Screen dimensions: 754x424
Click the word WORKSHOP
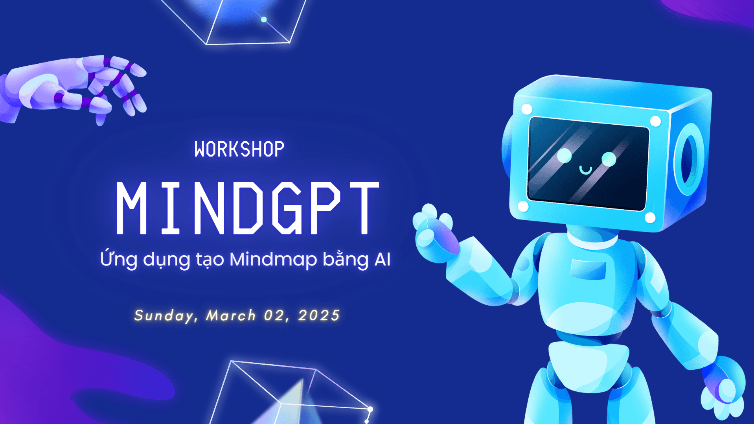(239, 149)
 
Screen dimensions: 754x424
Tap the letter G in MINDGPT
(287, 208)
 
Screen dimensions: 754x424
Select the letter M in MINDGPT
(132, 208)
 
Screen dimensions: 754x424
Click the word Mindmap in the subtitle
(273, 259)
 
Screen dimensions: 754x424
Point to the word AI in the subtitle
(383, 259)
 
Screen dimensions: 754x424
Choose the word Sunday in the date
(164, 315)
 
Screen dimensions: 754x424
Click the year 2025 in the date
(319, 315)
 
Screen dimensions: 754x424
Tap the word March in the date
(231, 315)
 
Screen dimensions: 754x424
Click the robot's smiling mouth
(586, 170)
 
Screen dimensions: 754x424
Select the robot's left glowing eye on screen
(565, 156)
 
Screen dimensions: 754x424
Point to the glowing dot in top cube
(264, 19)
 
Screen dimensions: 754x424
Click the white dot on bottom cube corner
(370, 409)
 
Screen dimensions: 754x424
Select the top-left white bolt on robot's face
(527, 109)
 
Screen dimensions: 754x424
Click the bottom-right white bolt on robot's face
(650, 218)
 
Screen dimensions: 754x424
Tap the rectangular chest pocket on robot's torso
(588, 269)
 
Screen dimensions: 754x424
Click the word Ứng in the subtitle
(118, 258)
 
